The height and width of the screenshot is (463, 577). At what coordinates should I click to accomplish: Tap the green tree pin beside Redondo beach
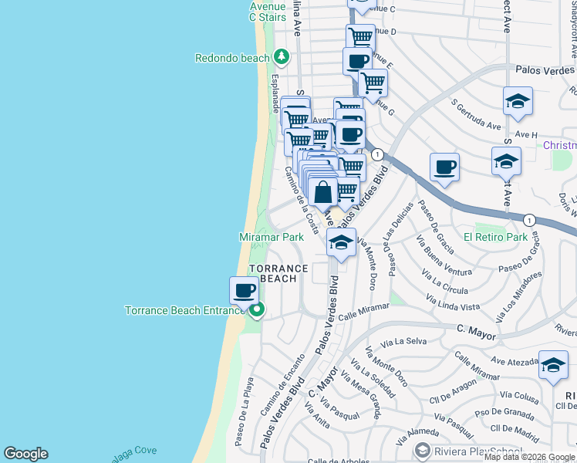[282, 57]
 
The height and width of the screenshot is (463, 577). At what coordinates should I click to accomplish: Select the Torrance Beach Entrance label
[185, 311]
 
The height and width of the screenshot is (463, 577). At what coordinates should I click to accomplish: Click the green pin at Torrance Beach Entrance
[258, 311]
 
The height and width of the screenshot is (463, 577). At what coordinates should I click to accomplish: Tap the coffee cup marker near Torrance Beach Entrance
[244, 292]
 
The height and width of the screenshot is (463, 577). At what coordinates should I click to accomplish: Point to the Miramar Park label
[272, 238]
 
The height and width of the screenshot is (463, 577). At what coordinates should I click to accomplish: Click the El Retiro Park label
[495, 237]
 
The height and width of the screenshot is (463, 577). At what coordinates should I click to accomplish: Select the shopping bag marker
[324, 192]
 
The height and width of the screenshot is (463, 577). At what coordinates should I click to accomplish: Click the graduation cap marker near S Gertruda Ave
[518, 102]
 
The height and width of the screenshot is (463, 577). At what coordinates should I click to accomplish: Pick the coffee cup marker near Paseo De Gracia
[444, 167]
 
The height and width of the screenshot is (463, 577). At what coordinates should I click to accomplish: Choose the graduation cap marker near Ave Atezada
[553, 367]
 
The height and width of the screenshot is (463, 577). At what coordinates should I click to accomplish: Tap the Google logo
[26, 454]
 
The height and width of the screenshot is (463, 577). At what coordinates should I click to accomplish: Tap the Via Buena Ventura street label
[444, 260]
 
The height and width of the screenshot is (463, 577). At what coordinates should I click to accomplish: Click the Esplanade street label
[275, 93]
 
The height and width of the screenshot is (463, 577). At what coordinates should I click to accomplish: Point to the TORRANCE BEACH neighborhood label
[278, 273]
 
